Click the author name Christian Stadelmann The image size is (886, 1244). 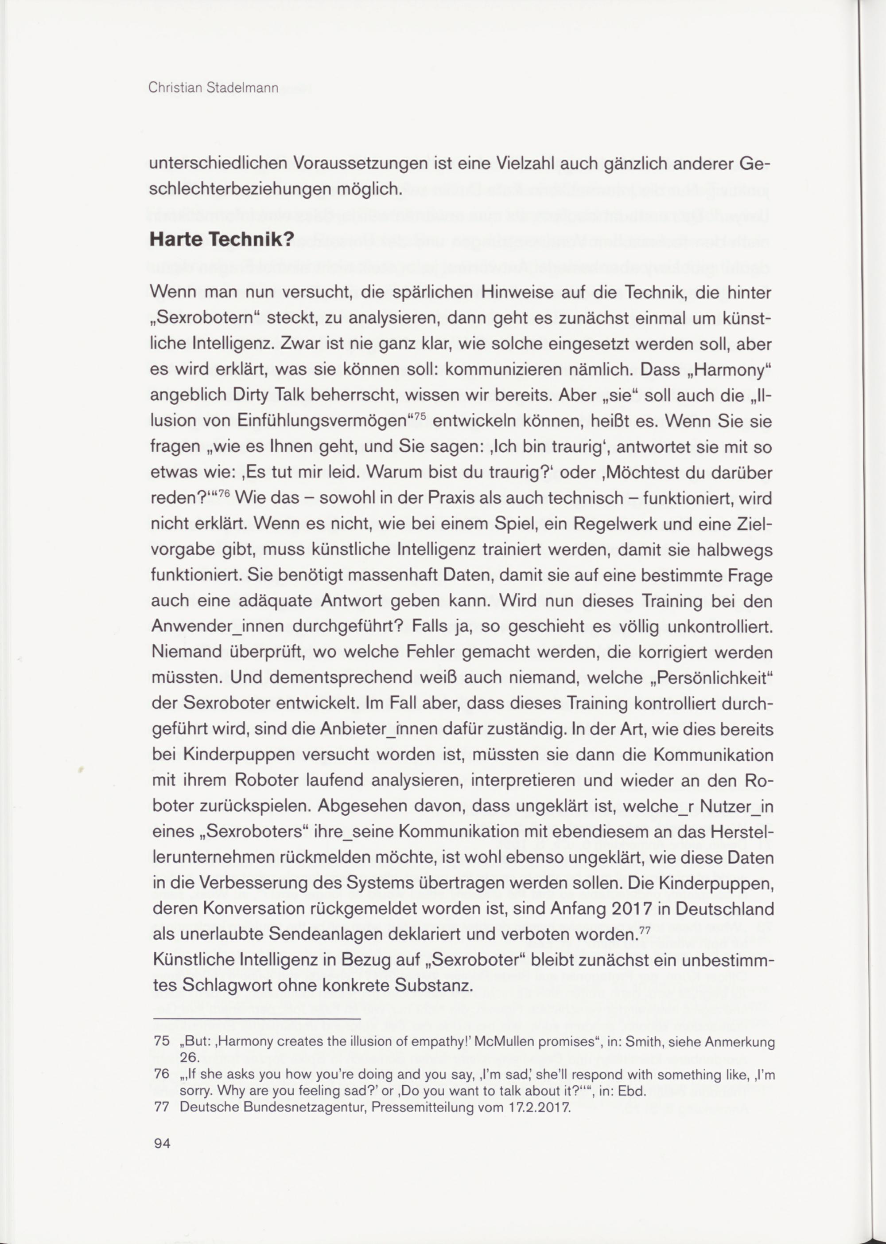pyautogui.click(x=213, y=88)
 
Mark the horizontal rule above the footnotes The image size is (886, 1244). pyautogui.click(x=257, y=1018)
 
